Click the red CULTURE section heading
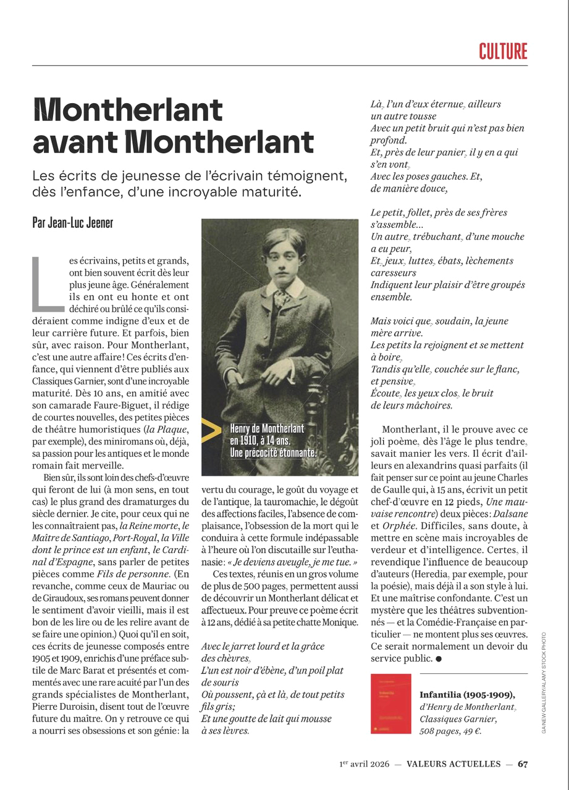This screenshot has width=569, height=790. pyautogui.click(x=503, y=51)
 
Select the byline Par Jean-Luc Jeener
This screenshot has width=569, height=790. pyautogui.click(x=72, y=223)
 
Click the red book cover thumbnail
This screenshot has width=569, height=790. pyautogui.click(x=390, y=704)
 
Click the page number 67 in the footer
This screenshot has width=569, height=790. pyautogui.click(x=523, y=763)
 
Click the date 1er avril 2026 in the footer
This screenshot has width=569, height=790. pyautogui.click(x=363, y=763)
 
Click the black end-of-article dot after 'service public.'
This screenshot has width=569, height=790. pyautogui.click(x=439, y=659)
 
